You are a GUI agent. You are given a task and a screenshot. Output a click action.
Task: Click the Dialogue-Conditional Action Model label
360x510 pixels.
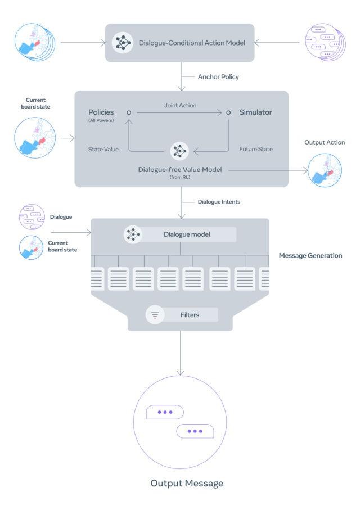(192, 42)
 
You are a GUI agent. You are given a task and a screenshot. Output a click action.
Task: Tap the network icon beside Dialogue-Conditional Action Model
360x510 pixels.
(123, 43)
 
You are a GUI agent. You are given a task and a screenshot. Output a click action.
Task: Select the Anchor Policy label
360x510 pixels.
(218, 77)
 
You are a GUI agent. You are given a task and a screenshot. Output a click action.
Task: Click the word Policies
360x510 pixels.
(101, 112)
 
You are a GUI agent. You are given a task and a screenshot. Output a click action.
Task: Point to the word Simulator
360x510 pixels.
(255, 112)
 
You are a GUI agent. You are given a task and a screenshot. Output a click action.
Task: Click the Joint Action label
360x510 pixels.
(180, 105)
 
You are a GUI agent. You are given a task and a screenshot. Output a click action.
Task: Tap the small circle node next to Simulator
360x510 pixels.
(228, 112)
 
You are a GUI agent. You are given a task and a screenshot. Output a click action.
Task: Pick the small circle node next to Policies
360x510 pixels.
(129, 112)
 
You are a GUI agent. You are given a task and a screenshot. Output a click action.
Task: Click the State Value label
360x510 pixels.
(103, 150)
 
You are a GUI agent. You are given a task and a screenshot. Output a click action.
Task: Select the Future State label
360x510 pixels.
(256, 150)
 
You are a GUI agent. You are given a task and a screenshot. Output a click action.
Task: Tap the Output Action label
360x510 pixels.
(325, 142)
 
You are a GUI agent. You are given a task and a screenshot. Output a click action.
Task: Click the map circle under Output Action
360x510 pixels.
(325, 170)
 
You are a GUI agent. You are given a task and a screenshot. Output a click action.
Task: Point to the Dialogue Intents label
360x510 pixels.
(219, 201)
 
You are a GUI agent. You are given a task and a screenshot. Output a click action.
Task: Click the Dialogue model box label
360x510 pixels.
(187, 234)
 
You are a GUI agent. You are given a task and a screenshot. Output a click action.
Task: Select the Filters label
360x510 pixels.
(190, 315)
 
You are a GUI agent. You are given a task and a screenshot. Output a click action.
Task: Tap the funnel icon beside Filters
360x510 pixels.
(155, 315)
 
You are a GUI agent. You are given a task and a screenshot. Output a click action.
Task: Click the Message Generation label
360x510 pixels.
(310, 256)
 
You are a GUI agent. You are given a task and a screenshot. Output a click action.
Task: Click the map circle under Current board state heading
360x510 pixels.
(35, 137)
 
